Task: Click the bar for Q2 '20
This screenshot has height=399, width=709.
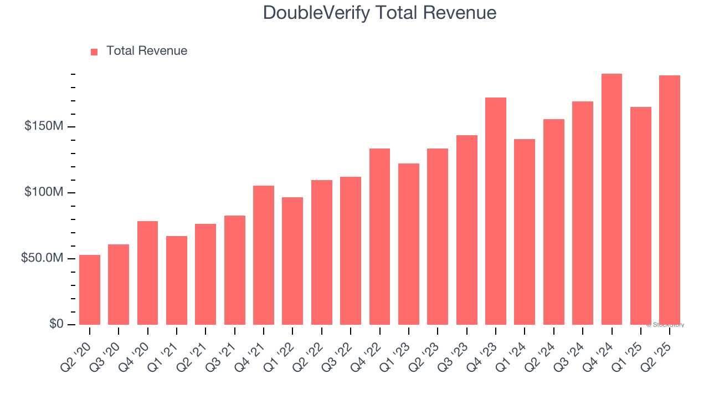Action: pyautogui.click(x=90, y=290)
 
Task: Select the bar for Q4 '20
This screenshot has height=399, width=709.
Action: pyautogui.click(x=147, y=273)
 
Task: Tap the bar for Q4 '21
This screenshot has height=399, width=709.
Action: pyautogui.click(x=264, y=255)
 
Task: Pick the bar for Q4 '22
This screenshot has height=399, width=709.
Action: pyautogui.click(x=379, y=237)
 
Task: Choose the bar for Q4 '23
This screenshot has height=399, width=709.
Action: pyautogui.click(x=496, y=211)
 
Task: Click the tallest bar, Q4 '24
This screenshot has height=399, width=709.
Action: pyautogui.click(x=612, y=199)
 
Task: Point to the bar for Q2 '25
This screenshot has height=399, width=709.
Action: pyautogui.click(x=670, y=200)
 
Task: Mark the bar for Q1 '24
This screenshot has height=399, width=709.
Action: pyautogui.click(x=525, y=232)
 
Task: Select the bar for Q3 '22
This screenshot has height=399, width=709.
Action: pyautogui.click(x=351, y=250)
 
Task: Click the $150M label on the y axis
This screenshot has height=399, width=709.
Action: pyautogui.click(x=44, y=126)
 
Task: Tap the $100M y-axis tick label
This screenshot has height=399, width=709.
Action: pyautogui.click(x=44, y=192)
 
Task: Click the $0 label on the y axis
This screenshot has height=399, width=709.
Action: pyautogui.click(x=56, y=324)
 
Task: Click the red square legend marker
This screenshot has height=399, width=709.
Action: pyautogui.click(x=94, y=52)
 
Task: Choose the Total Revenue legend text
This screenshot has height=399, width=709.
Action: pyautogui.click(x=147, y=51)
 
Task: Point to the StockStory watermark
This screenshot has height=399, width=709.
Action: pyautogui.click(x=665, y=325)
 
